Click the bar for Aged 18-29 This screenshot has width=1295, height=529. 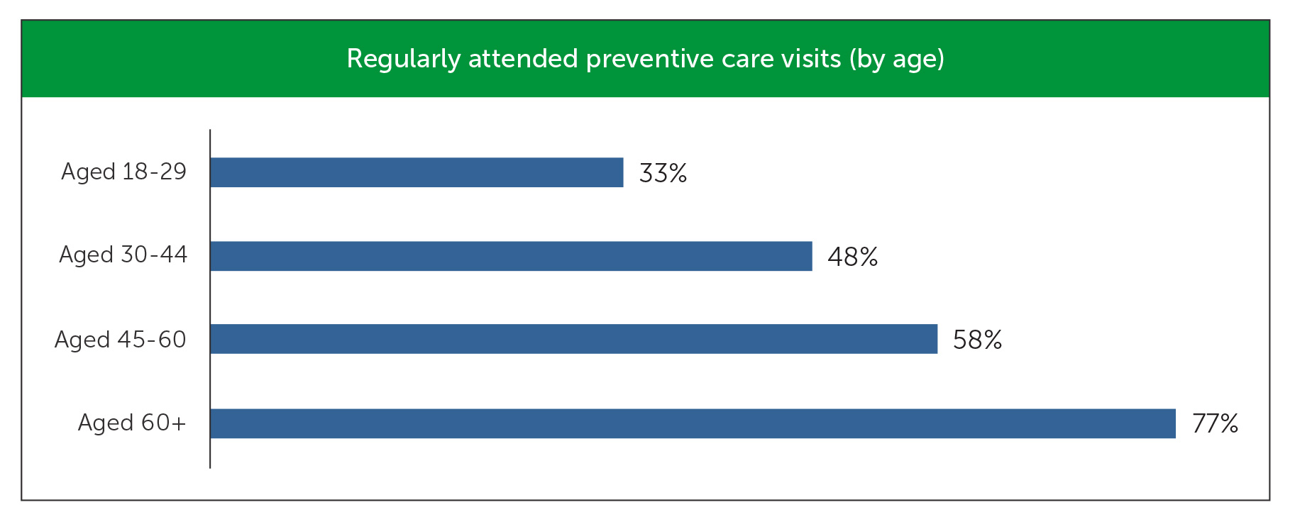pyautogui.click(x=417, y=172)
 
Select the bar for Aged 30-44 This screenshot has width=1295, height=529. pyautogui.click(x=511, y=256)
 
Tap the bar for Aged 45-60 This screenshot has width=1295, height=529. pyautogui.click(x=573, y=339)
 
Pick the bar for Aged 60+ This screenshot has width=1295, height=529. pyautogui.click(x=693, y=423)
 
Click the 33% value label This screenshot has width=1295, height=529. pyautogui.click(x=663, y=174)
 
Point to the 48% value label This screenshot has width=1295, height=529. pyautogui.click(x=852, y=257)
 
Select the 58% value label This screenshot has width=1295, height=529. pyautogui.click(x=977, y=340)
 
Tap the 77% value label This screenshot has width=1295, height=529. pyautogui.click(x=1215, y=424)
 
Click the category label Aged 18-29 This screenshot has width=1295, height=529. pyautogui.click(x=123, y=172)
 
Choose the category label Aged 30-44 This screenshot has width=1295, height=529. pyautogui.click(x=123, y=255)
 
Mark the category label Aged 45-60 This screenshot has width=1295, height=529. pyautogui.click(x=120, y=340)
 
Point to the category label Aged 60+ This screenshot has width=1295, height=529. pyautogui.click(x=131, y=423)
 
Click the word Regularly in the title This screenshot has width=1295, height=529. pyautogui.click(x=403, y=60)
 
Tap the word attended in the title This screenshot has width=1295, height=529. pyautogui.click(x=523, y=59)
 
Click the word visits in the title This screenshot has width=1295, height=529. pyautogui.click(x=810, y=59)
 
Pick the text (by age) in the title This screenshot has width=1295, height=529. pyautogui.click(x=897, y=60)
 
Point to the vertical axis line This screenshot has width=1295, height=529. pyautogui.click(x=210, y=298)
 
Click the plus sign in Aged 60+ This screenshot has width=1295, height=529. pyautogui.click(x=178, y=423)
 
